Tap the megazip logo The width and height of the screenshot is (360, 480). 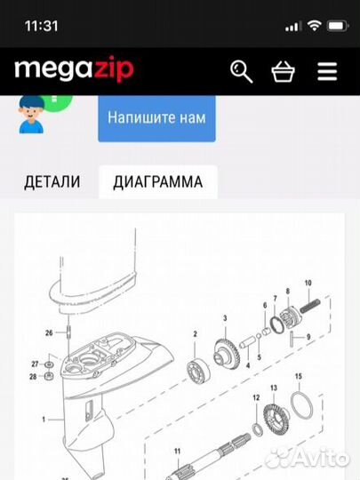tap(74, 68)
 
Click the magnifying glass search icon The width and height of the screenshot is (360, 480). tap(242, 71)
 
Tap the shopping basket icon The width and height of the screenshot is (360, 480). tap(284, 71)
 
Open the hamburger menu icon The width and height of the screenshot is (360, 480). tap(327, 71)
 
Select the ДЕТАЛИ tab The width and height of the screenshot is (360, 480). tap(52, 182)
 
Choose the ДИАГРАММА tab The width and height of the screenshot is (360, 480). tap(157, 182)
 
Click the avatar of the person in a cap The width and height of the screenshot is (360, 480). tap(31, 115)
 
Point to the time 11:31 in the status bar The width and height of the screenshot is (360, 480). tap(41, 26)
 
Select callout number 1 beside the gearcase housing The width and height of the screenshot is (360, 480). tap(43, 417)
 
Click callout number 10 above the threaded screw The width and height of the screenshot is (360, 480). tap(308, 308)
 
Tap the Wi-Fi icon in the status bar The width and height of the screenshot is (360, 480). tap(312, 26)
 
